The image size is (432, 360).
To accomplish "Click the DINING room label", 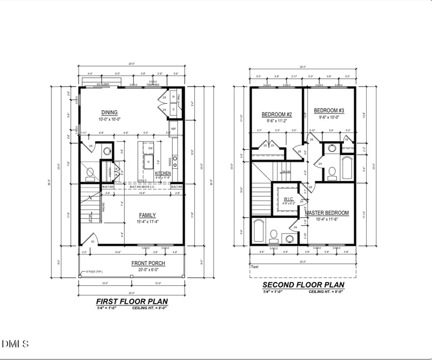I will (109, 112).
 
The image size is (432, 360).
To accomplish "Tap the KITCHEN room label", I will (163, 173).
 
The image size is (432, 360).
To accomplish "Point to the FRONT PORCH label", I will (148, 263).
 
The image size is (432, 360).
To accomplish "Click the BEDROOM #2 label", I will (276, 115).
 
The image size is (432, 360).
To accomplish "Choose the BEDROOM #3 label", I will (329, 110).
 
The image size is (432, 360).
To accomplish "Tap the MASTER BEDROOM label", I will (327, 213).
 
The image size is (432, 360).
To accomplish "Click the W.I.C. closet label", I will (288, 199).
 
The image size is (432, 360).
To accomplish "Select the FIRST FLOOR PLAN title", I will (131, 301).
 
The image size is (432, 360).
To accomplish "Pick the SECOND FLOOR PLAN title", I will (302, 285).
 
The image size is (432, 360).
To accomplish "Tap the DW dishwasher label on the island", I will (151, 148).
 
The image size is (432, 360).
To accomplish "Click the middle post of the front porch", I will (132, 276).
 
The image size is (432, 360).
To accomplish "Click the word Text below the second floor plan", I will (255, 266).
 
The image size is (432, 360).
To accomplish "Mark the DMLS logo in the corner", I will (15, 344).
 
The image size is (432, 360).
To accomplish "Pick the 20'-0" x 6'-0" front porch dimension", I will (148, 269).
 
